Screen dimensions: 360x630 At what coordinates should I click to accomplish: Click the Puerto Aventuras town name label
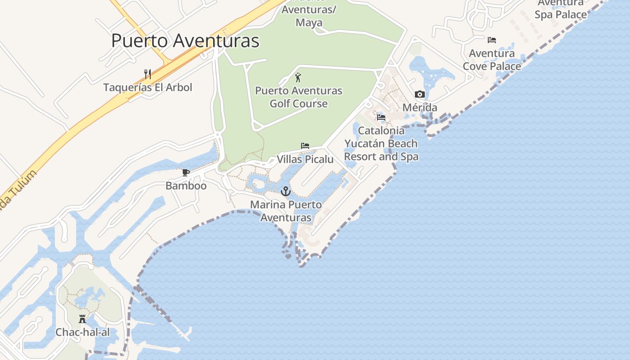click(x=185, y=40)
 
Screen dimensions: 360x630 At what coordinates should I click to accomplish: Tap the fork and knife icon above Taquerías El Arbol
click(x=147, y=74)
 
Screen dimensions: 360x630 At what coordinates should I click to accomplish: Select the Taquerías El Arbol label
click(x=148, y=87)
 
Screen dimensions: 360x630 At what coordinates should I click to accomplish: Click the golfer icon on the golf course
click(x=297, y=78)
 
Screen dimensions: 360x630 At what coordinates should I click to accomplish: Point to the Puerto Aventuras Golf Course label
click(x=299, y=97)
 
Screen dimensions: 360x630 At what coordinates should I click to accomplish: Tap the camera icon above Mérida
click(x=420, y=94)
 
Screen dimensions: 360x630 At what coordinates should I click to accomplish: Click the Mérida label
click(x=420, y=108)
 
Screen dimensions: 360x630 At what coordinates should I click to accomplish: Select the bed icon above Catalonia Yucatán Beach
click(x=381, y=117)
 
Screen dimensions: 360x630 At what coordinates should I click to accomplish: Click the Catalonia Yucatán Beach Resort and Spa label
click(x=381, y=144)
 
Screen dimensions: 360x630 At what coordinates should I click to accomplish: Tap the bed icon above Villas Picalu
click(x=305, y=146)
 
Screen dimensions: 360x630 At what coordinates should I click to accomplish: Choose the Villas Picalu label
click(x=305, y=159)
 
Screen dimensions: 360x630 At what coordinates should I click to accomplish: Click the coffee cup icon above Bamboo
click(x=186, y=172)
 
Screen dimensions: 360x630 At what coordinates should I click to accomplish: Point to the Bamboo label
click(x=186, y=186)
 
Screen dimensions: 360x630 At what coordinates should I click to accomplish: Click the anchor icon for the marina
click(x=286, y=191)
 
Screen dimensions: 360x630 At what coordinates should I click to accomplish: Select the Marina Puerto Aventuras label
click(x=286, y=211)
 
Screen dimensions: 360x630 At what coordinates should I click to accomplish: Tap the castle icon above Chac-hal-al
click(x=82, y=319)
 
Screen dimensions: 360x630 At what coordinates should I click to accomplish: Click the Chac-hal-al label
click(x=82, y=333)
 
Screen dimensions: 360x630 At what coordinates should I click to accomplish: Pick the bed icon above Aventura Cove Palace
click(x=492, y=40)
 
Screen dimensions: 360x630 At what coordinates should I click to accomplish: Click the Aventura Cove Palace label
click(x=492, y=60)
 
